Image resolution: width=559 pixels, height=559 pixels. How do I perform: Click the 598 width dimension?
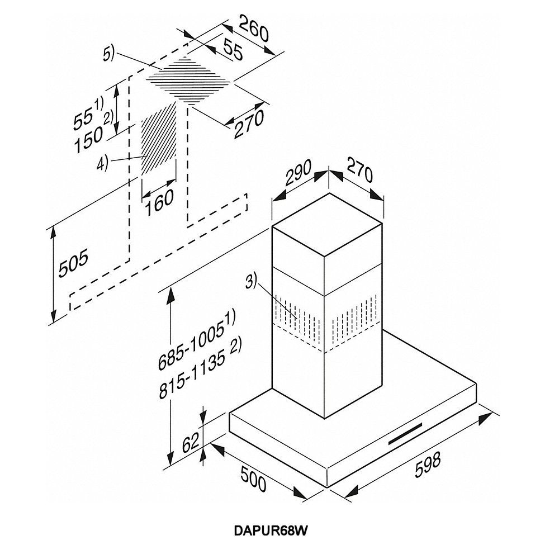(x=428, y=464)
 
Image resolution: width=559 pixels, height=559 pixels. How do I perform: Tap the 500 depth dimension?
(x=253, y=479)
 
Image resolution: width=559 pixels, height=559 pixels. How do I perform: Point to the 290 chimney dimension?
(x=299, y=173)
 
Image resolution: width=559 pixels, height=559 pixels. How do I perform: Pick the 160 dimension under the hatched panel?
(x=159, y=202)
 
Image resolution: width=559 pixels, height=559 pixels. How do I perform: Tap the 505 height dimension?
(x=73, y=263)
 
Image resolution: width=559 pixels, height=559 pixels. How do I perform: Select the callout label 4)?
(x=102, y=164)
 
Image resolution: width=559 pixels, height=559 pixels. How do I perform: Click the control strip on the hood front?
(x=405, y=434)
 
